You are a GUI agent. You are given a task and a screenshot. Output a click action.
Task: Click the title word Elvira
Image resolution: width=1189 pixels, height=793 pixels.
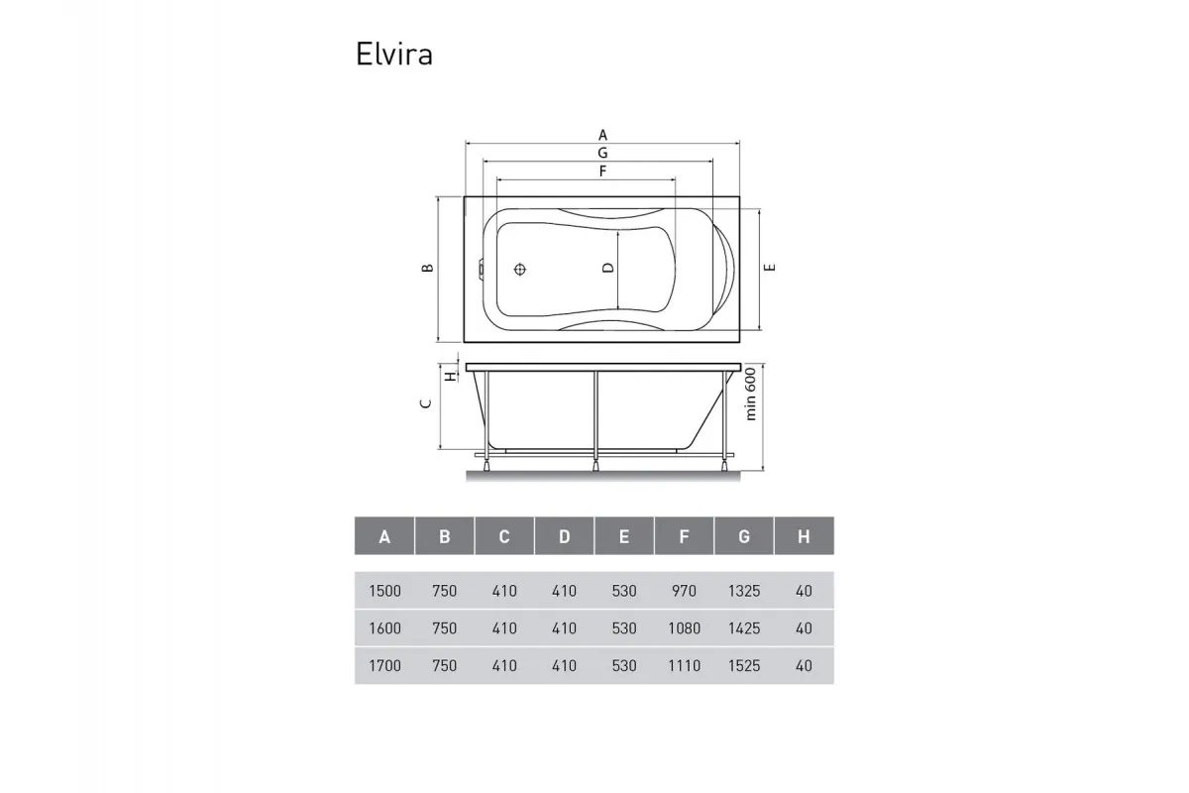click(393, 55)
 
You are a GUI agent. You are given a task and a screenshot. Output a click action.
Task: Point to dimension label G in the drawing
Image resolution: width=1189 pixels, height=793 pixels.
click(601, 153)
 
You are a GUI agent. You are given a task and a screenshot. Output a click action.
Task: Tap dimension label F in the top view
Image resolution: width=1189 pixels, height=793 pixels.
click(601, 171)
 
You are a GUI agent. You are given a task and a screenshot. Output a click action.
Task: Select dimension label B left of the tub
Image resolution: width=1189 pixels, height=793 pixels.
click(426, 269)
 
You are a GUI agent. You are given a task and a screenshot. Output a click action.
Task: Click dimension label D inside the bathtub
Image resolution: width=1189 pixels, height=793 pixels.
click(609, 268)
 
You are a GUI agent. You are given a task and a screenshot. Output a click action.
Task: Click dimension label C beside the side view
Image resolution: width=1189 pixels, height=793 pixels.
click(424, 403)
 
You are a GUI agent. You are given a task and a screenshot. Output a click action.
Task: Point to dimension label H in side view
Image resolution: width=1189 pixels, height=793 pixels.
click(449, 376)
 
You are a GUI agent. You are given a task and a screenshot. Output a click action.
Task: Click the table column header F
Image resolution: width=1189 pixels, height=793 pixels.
click(684, 537)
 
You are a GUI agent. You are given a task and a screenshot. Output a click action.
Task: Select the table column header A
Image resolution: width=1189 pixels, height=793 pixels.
click(384, 537)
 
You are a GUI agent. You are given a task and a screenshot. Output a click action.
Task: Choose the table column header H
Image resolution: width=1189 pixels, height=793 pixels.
click(804, 537)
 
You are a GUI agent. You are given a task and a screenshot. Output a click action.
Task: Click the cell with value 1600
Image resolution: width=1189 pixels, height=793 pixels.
click(384, 628)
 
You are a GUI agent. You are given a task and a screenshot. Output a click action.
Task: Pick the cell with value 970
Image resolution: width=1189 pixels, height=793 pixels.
click(684, 591)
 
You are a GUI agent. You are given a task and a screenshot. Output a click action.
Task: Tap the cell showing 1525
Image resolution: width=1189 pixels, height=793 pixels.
click(743, 666)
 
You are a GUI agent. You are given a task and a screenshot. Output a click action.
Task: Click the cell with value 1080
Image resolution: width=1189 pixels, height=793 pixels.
click(684, 628)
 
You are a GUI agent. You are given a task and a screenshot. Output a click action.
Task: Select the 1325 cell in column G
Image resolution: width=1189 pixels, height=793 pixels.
click(743, 591)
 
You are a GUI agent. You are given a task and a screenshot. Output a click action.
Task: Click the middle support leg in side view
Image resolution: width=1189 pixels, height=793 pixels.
click(594, 416)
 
